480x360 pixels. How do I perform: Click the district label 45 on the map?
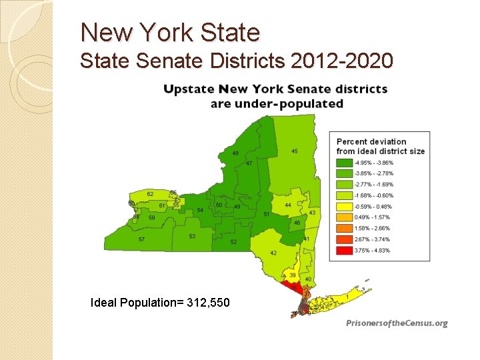295,151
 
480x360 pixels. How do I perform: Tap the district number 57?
141,239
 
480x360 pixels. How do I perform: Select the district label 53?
192,236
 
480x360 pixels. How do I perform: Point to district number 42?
273,253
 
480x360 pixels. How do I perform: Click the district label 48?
235,153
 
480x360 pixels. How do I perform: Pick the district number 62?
150,194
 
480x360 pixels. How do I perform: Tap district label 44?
288,205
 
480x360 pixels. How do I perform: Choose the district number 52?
233,242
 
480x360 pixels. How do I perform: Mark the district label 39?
293,275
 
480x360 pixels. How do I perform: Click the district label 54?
200,210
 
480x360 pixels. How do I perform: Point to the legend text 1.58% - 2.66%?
374,228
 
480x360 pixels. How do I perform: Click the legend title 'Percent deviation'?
371,141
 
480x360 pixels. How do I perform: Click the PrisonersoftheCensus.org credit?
397,323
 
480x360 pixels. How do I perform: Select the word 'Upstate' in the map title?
193,89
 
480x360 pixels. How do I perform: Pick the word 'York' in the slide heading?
163,32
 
